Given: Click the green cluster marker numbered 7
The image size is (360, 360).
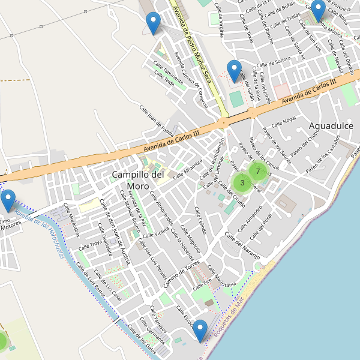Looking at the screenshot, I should coord(257,172).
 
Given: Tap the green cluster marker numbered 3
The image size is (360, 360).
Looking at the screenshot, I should coord(242,182).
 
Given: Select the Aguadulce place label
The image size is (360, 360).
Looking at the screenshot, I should coord(331,125).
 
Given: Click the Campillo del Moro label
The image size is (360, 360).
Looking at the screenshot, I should coord(138,180).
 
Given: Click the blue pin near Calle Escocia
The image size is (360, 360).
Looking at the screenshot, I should coord(200,331).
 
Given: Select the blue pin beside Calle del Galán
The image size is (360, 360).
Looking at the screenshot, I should coord(234,71).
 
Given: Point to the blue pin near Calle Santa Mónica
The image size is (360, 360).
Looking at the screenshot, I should coord(318,10).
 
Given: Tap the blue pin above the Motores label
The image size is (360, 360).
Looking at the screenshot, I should coord(8,200).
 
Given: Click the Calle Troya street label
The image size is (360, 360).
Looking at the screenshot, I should coord(95,243).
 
